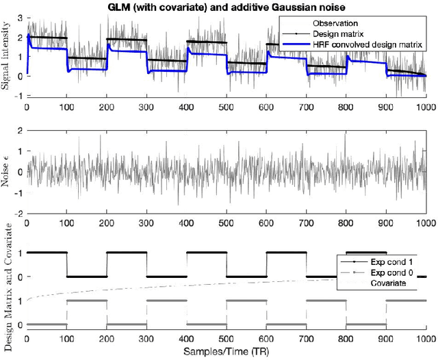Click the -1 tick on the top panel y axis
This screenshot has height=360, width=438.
tap(17, 96)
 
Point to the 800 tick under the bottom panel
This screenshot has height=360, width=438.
tap(346, 339)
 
